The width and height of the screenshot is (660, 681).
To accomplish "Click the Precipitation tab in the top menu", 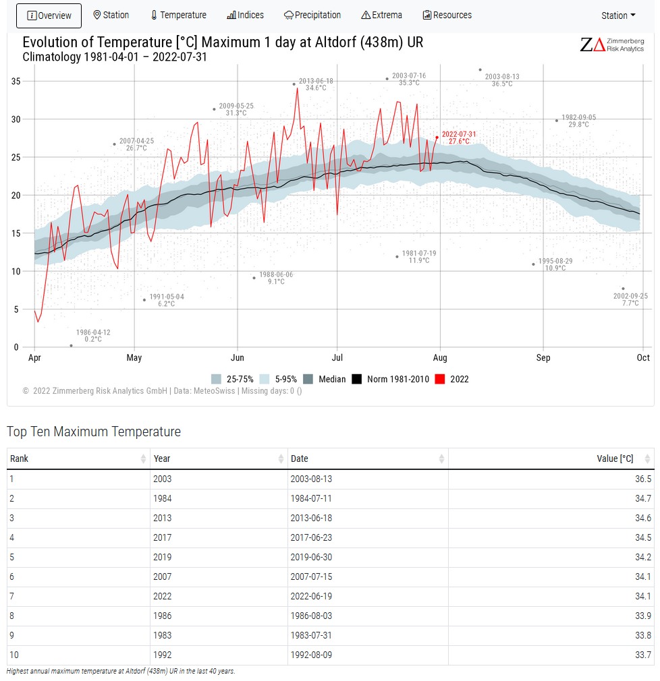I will click(x=312, y=15).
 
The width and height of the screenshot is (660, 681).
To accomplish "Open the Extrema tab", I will click(x=382, y=15).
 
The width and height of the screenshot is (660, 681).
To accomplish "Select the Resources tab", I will click(x=447, y=15).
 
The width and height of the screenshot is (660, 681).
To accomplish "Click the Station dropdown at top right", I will click(x=618, y=16).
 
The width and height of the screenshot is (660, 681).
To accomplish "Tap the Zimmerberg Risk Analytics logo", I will click(x=612, y=45).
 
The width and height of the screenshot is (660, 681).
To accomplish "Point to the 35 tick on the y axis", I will click(x=16, y=81).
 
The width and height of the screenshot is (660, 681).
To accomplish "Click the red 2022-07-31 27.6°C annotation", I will click(x=459, y=138).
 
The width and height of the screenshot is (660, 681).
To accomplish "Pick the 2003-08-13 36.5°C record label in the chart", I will click(x=502, y=80).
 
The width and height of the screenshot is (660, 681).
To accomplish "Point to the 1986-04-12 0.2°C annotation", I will click(x=93, y=335).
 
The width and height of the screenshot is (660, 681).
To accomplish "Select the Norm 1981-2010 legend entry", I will click(x=391, y=379).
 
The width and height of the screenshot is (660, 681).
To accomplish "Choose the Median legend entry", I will click(x=325, y=379).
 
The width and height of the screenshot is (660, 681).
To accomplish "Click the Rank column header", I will click(x=19, y=458).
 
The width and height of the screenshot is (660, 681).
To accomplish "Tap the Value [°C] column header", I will click(x=615, y=458).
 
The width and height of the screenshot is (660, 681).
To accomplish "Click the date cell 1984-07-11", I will click(x=311, y=498).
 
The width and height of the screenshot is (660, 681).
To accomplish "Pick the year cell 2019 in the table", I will click(x=163, y=557).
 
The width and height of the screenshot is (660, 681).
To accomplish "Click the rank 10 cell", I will click(x=14, y=655).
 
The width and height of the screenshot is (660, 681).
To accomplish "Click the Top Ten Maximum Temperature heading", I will click(x=94, y=432).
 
